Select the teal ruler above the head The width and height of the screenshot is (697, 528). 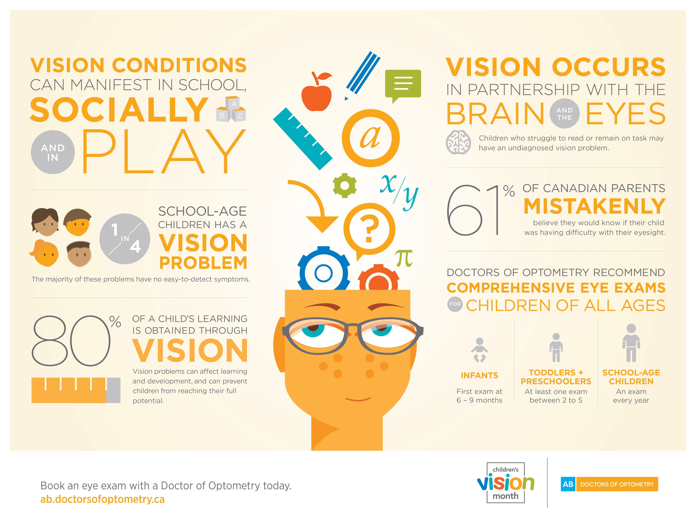pyautogui.click(x=302, y=139)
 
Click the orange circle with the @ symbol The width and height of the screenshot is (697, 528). pyautogui.click(x=371, y=138)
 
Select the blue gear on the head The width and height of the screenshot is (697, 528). pyautogui.click(x=324, y=270)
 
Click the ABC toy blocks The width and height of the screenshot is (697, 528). pyautogui.click(x=231, y=109)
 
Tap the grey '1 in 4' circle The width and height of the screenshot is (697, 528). pyautogui.click(x=125, y=239)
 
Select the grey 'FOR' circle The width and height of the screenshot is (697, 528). pyautogui.click(x=455, y=304)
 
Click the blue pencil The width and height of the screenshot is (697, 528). pyautogui.click(x=362, y=76)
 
